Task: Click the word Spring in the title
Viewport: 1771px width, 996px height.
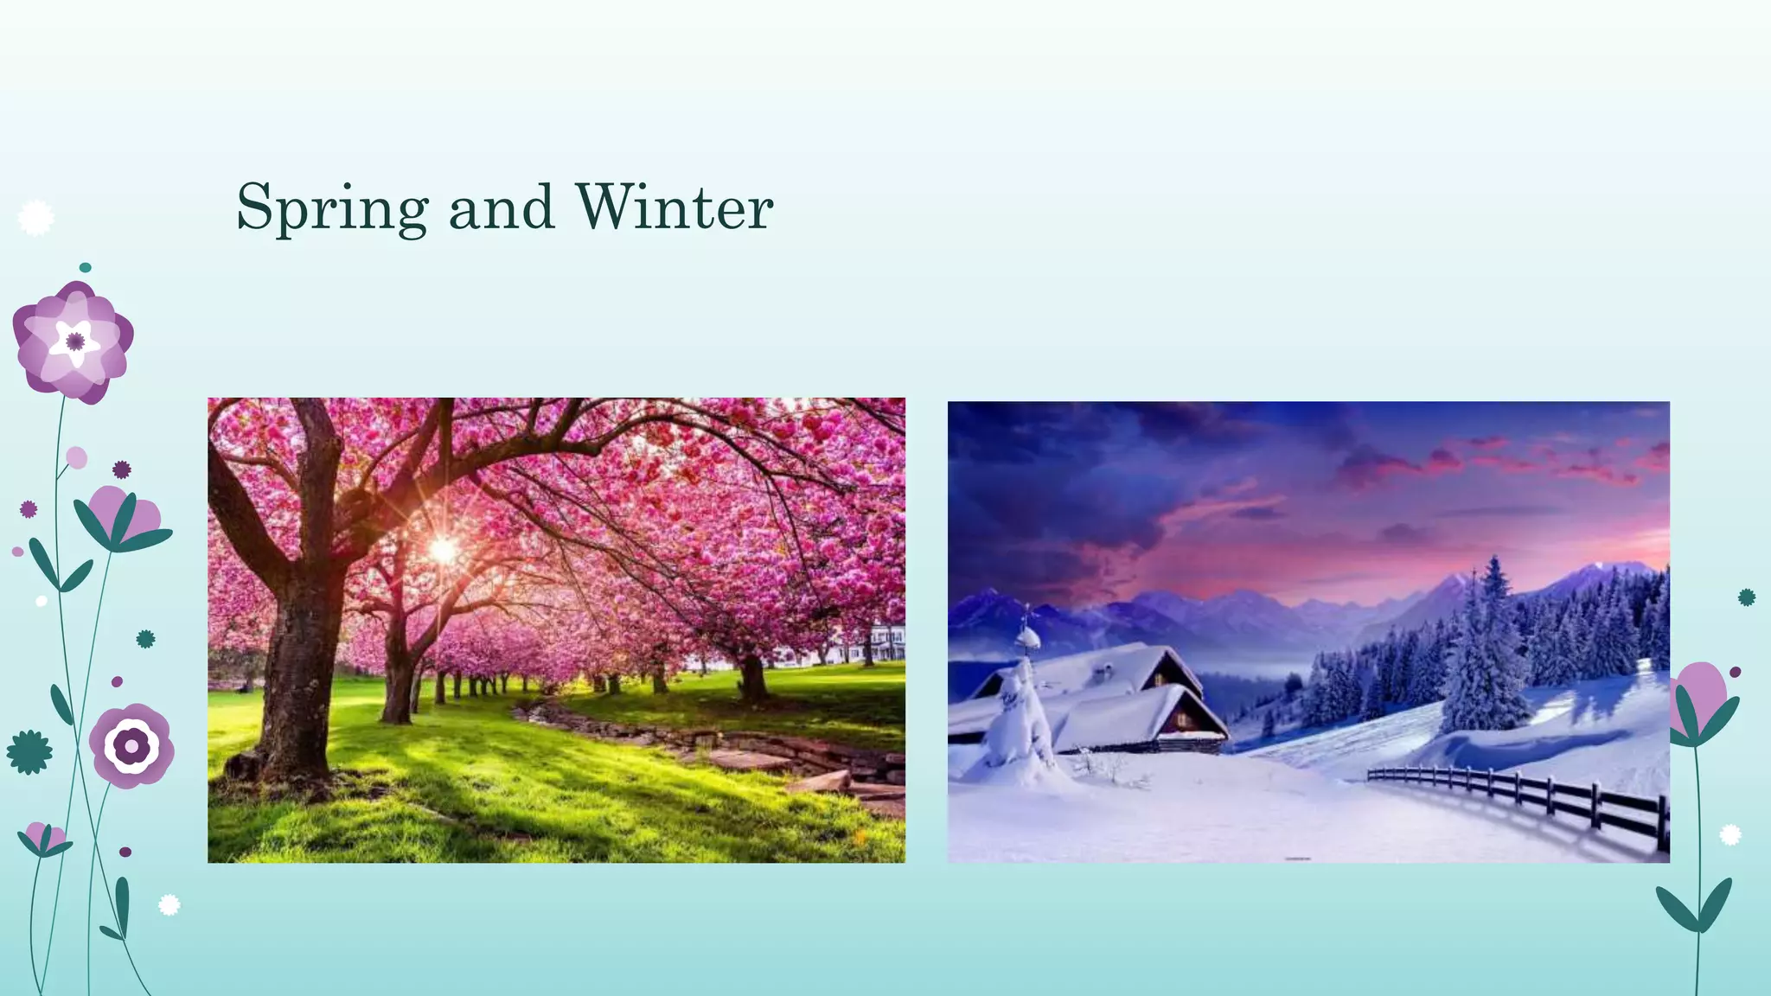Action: (332, 207)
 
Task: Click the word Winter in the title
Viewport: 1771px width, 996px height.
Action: (674, 207)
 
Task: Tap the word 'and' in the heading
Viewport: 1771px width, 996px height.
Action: (502, 207)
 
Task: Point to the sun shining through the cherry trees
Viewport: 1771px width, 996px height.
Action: (444, 549)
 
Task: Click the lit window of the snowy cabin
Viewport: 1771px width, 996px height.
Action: (1181, 718)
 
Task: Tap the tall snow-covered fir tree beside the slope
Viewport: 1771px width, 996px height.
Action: (1486, 657)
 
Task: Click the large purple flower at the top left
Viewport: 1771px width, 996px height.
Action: (74, 342)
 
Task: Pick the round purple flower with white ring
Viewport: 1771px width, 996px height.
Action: (131, 745)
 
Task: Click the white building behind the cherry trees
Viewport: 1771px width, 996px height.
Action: (882, 644)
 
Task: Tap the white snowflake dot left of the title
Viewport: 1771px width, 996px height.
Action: (36, 218)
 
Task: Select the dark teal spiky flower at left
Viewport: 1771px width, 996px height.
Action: (29, 752)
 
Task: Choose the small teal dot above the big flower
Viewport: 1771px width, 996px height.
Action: (85, 268)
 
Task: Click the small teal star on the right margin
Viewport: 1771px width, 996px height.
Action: (1747, 597)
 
